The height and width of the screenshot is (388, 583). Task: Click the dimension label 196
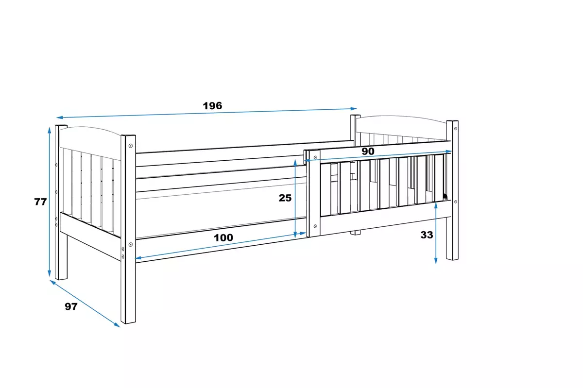(x=212, y=105)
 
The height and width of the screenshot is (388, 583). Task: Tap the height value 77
(x=40, y=202)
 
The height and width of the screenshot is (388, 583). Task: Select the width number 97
(x=71, y=307)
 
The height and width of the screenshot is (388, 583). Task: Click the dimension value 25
(x=285, y=198)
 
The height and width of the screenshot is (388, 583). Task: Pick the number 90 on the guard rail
(x=368, y=152)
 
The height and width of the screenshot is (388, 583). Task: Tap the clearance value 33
(x=427, y=235)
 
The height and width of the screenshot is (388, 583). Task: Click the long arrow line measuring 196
(x=206, y=113)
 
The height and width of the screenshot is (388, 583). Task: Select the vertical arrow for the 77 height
(x=49, y=202)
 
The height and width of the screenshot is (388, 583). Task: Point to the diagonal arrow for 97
(x=85, y=304)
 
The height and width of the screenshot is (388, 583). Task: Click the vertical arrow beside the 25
(x=295, y=198)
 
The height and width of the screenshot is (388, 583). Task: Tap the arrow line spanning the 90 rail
(x=379, y=156)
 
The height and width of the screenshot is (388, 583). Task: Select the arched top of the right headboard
(x=401, y=118)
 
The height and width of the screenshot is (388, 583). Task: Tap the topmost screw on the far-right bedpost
(x=455, y=129)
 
